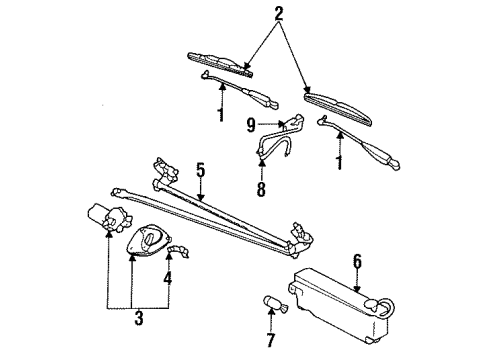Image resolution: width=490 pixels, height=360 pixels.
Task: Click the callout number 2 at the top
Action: click(279, 14)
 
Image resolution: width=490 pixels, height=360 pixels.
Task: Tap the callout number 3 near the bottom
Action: click(139, 318)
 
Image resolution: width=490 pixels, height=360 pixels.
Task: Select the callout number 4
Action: click(168, 278)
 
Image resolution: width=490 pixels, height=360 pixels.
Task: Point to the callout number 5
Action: click(200, 170)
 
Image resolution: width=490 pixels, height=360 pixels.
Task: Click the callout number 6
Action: click(357, 261)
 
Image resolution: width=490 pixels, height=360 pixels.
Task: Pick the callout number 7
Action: click(271, 340)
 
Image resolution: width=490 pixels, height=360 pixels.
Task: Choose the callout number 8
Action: click(261, 189)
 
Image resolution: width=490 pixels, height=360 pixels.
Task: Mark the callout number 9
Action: click(251, 125)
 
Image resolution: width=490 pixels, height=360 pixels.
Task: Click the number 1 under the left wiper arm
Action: click(220, 114)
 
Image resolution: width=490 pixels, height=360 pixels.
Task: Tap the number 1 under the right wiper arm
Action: click(339, 162)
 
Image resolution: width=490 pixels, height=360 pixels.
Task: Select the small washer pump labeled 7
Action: click(276, 305)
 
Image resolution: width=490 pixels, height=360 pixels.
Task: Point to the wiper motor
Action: click(109, 218)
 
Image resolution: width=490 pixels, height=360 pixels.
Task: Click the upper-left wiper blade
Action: click(221, 64)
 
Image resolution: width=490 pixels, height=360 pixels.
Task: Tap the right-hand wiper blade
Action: click(338, 109)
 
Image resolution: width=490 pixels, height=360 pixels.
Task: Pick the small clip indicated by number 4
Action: click(178, 250)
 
